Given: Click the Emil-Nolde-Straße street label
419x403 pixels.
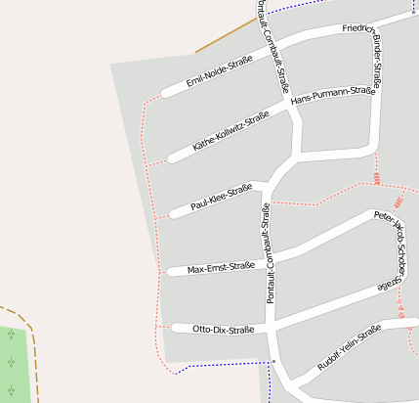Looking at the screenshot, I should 220,71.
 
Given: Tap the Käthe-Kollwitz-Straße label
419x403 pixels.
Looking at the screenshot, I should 230,131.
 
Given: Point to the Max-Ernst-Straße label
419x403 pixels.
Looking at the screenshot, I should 221,267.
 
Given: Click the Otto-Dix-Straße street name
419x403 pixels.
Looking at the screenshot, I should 224,330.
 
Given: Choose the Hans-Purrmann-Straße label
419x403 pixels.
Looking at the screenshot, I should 333,96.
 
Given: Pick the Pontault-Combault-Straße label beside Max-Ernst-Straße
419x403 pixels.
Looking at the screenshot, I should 269,252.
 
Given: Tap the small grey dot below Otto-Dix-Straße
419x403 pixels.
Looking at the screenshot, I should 274,361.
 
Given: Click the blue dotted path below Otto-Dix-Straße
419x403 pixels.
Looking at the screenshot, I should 220,365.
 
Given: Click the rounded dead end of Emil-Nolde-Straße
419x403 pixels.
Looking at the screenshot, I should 167,92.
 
